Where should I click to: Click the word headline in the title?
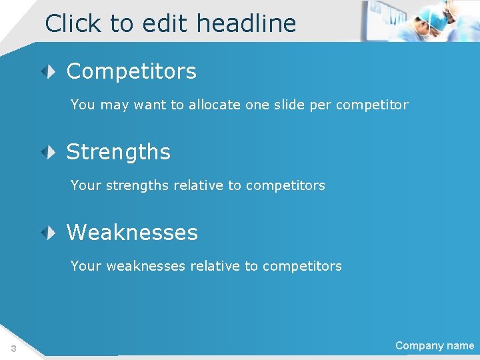coord(246,23)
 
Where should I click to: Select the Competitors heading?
coord(131,71)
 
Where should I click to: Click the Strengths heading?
coord(119,152)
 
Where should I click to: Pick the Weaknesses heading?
coord(132,233)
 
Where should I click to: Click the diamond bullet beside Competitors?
coord(50,71)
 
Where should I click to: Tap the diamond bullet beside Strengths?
coord(50,152)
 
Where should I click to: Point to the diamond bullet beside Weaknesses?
coord(50,232)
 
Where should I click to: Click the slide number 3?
coord(13,349)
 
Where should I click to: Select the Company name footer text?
coord(435,345)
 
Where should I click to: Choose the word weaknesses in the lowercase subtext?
coord(146,266)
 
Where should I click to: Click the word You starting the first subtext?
coord(83,105)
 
